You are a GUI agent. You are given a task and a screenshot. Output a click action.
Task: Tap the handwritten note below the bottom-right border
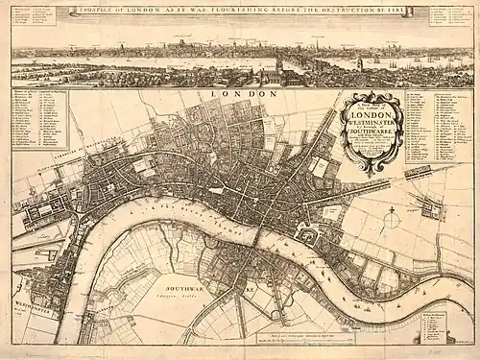[x=451, y=352]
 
